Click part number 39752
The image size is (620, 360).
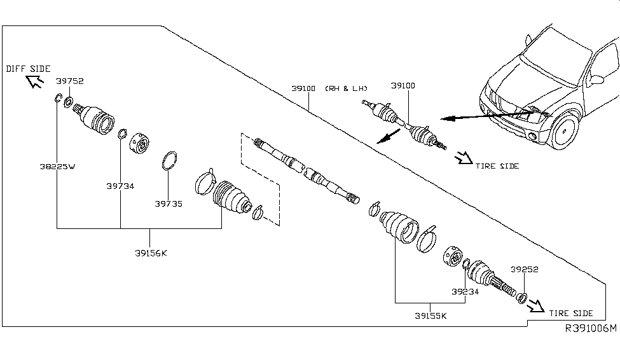pyautogui.click(x=69, y=81)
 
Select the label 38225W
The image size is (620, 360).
pyautogui.click(x=56, y=167)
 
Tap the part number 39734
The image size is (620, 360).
pyautogui.click(x=120, y=186)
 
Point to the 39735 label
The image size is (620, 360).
pyautogui.click(x=168, y=204)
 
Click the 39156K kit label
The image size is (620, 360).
pyautogui.click(x=150, y=253)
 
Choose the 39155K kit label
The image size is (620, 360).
pyautogui.click(x=430, y=315)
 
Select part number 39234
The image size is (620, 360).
pyautogui.click(x=465, y=292)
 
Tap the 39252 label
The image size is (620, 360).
pyautogui.click(x=523, y=269)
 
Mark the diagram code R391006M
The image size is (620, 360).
pyautogui.click(x=591, y=328)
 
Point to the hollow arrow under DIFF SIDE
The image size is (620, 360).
pyautogui.click(x=34, y=81)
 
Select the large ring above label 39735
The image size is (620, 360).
pyautogui.click(x=168, y=160)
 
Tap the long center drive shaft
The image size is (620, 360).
pyautogui.click(x=305, y=171)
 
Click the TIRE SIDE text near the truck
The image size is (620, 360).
pyautogui.click(x=497, y=166)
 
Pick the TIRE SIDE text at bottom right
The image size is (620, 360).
pyautogui.click(x=571, y=313)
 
